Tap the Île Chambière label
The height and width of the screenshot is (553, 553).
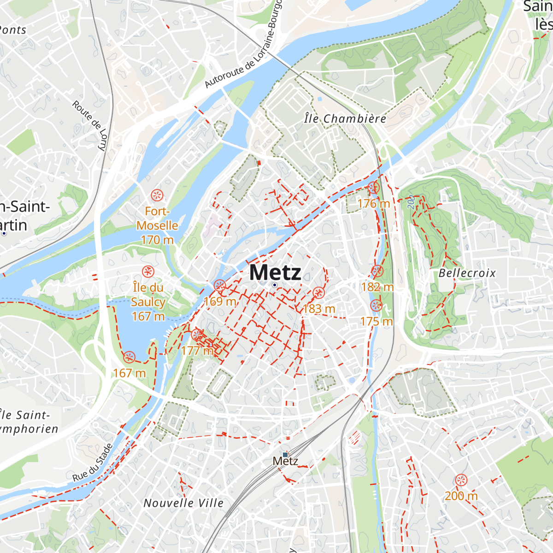(345, 119)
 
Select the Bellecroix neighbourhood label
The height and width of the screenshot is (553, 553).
(467, 273)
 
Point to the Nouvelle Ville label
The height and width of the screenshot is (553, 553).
(183, 503)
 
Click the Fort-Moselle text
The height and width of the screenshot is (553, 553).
(157, 218)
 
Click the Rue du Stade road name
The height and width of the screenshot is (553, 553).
(93, 463)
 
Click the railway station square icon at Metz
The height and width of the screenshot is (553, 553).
(285, 454)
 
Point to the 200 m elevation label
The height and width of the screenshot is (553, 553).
(461, 496)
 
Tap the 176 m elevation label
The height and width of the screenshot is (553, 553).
(373, 203)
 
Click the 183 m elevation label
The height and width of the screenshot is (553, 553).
(319, 308)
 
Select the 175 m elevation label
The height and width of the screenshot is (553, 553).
(377, 321)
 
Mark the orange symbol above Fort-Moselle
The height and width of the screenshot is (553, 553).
(157, 195)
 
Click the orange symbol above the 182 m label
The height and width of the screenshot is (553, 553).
(377, 271)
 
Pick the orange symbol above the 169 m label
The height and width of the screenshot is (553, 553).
(220, 286)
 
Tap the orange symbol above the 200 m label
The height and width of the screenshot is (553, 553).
(461, 480)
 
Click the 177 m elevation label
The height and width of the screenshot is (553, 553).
(197, 351)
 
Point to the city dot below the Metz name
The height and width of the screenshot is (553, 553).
(275, 285)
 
